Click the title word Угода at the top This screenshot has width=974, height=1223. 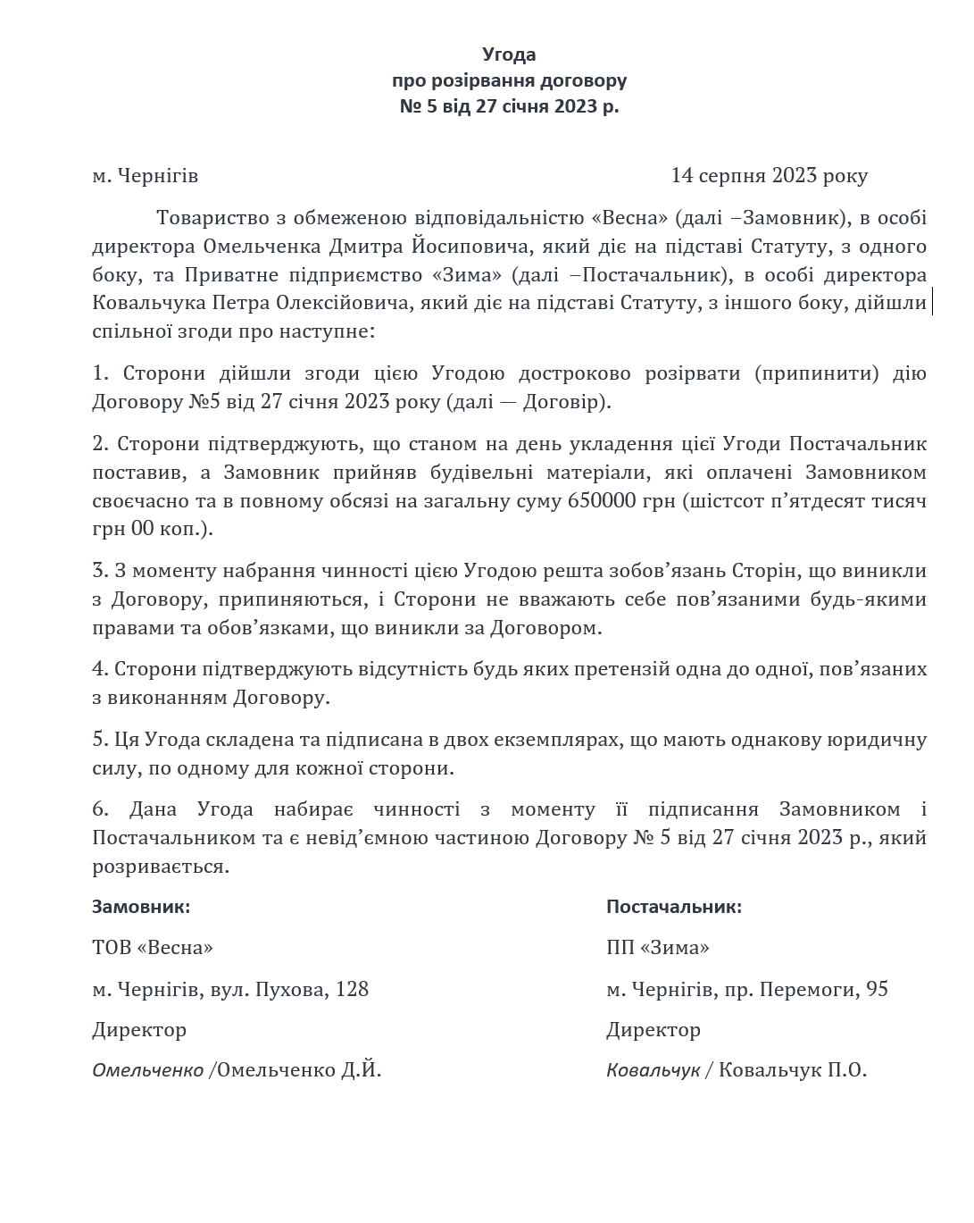click(x=509, y=54)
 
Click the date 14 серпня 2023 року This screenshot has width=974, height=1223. click(x=769, y=175)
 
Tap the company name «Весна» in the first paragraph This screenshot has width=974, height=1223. click(x=630, y=217)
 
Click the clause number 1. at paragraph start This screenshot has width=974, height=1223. click(x=100, y=373)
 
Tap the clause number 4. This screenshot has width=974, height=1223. click(x=100, y=668)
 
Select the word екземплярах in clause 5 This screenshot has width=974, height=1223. click(x=562, y=739)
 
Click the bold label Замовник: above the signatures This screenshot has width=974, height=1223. click(x=141, y=907)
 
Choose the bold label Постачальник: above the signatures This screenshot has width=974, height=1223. click(x=674, y=907)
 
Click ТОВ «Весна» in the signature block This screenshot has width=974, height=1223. click(x=153, y=947)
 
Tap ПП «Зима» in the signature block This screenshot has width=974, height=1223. click(x=658, y=947)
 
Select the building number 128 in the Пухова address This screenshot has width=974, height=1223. click(x=352, y=989)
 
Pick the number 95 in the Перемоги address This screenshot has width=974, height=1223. click(x=876, y=989)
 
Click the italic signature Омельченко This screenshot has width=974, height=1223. click(x=147, y=1069)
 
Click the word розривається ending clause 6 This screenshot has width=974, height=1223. click(x=161, y=866)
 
